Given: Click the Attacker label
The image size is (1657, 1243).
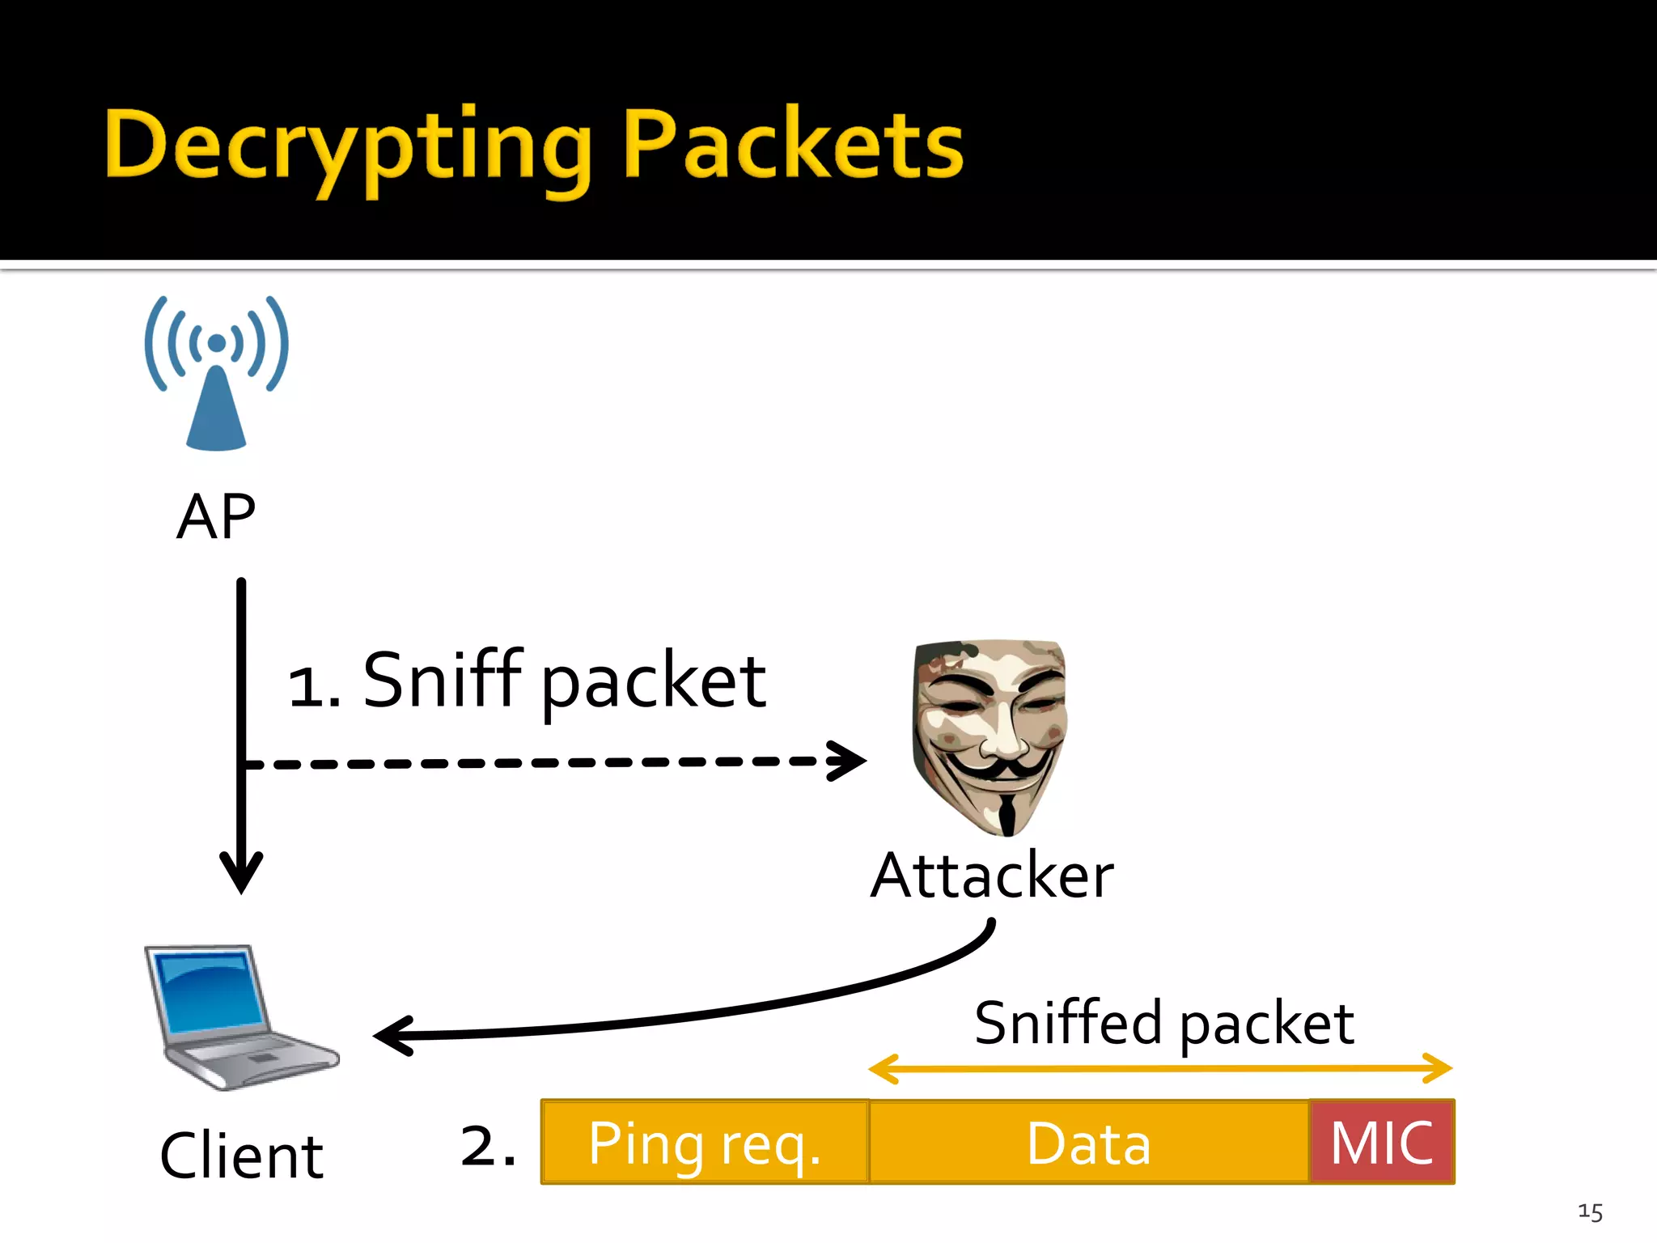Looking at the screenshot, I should pos(992,876).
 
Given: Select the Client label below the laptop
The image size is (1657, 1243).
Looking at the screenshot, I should pos(241,1156).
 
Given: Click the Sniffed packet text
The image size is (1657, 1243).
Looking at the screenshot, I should pos(1163,1024).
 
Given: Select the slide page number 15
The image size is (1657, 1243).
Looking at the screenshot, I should pos(1590,1211).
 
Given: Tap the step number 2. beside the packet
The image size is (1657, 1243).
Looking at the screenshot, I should pos(488,1146).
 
